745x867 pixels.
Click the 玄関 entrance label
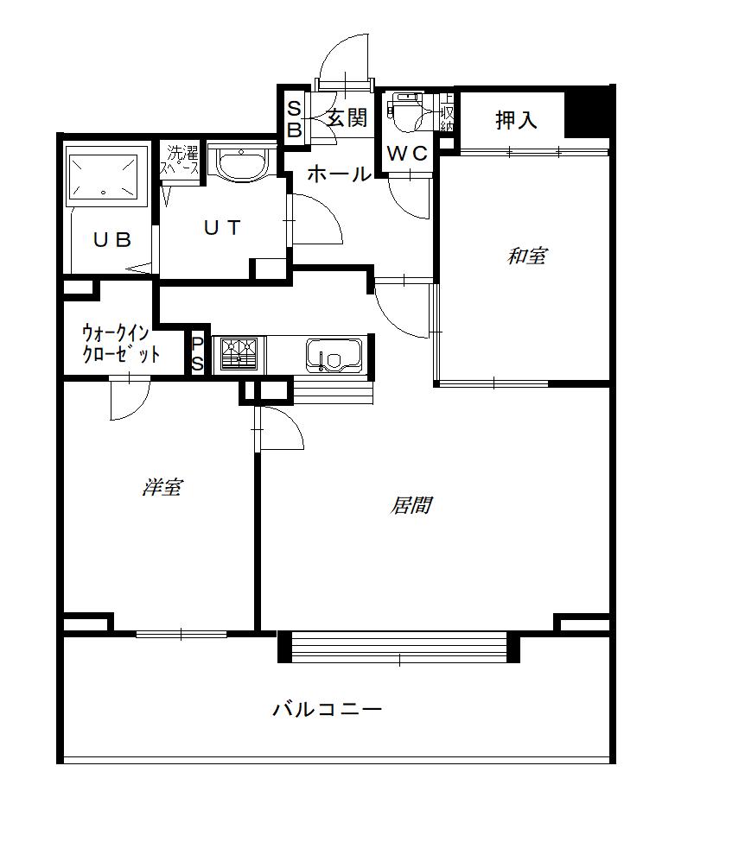(347, 117)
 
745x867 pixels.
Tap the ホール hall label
(339, 174)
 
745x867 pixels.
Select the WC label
(407, 153)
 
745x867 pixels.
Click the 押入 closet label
(516, 119)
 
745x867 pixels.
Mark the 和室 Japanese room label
(527, 256)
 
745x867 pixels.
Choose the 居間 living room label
(411, 505)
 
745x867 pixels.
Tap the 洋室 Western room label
(162, 487)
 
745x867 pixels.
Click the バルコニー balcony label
(327, 709)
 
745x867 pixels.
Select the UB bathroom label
(112, 239)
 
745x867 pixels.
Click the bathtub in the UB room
(103, 177)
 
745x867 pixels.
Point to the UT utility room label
(222, 227)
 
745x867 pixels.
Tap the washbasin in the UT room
(242, 163)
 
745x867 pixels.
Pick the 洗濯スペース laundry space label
(179, 160)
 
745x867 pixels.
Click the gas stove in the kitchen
(239, 353)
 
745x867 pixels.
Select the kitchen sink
(334, 356)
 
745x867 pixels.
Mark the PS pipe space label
(198, 354)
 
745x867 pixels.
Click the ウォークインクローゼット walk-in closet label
(121, 344)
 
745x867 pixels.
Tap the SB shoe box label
(295, 119)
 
